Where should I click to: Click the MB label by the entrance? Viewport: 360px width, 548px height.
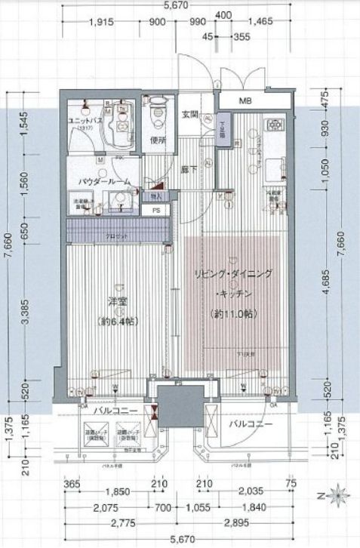(245, 103)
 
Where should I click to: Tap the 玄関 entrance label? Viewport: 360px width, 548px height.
(190, 115)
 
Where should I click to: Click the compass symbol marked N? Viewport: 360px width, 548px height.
(334, 497)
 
